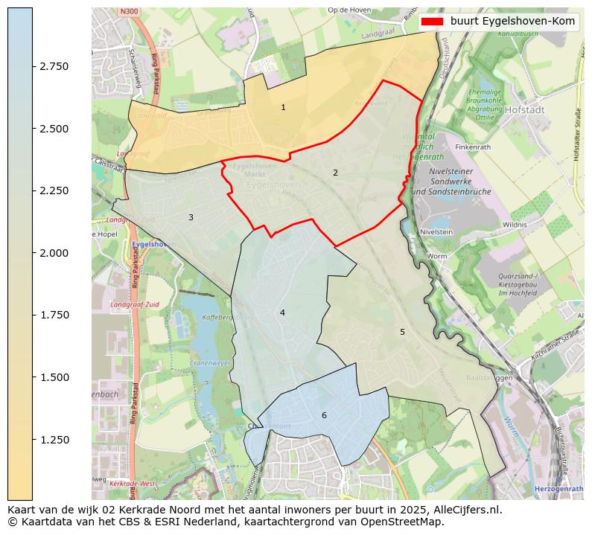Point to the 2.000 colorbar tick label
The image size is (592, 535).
click(x=54, y=253)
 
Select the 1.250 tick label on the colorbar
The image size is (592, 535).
click(x=54, y=440)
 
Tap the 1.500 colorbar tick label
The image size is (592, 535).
click(x=54, y=377)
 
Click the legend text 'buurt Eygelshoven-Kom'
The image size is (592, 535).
click(x=512, y=22)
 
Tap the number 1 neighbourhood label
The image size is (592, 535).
click(x=283, y=108)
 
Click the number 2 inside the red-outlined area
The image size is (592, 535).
click(x=335, y=173)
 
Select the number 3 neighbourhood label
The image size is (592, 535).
click(x=191, y=217)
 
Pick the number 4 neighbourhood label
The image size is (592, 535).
click(x=282, y=313)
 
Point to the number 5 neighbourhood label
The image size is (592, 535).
click(x=402, y=332)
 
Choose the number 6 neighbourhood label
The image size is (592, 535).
click(x=324, y=415)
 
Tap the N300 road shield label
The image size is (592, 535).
click(x=128, y=13)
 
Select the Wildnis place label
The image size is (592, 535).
click(x=515, y=224)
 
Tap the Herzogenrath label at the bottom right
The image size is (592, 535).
click(x=558, y=488)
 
